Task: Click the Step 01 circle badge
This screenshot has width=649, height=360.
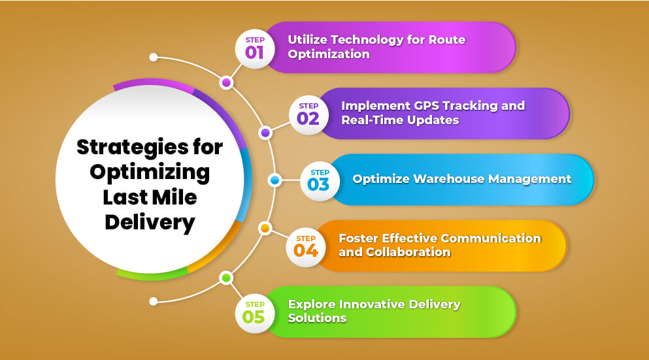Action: [x=254, y=49]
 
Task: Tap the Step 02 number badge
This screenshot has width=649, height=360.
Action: [x=308, y=115]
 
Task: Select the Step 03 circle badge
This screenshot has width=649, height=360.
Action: [x=320, y=181]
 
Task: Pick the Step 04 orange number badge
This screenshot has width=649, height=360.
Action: [x=305, y=247]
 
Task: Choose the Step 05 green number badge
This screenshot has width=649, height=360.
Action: [x=254, y=313]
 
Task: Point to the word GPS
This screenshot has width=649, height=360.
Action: [x=428, y=106]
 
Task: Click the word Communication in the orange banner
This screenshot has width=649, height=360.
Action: [x=491, y=238]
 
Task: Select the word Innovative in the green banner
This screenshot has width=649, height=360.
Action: [x=372, y=304]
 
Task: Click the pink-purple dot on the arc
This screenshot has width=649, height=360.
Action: [x=226, y=83]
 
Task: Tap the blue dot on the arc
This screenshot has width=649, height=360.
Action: [x=275, y=180]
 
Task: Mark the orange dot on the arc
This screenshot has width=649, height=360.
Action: [x=265, y=228]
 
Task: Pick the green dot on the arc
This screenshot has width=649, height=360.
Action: [x=226, y=278]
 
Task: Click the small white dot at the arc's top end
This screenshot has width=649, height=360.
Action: [x=153, y=57]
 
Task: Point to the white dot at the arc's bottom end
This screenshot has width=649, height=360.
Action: [x=153, y=301]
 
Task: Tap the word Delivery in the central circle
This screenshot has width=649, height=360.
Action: [x=150, y=223]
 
